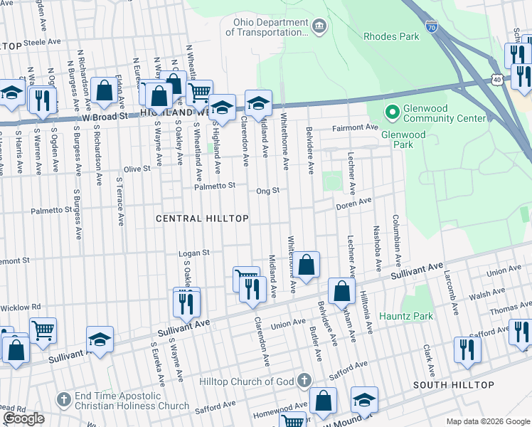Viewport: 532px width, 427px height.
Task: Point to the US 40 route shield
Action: (x=495, y=79)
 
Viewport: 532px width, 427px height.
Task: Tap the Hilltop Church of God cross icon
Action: (x=304, y=380)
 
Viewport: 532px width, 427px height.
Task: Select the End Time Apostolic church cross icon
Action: (x=63, y=399)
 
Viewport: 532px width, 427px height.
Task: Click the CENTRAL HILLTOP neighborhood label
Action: (x=202, y=218)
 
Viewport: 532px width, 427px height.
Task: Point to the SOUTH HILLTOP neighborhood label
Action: (x=454, y=385)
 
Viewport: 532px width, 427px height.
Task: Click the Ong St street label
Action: (x=267, y=191)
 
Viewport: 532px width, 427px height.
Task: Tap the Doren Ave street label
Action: (x=354, y=203)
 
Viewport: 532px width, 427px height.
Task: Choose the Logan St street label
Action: (x=193, y=253)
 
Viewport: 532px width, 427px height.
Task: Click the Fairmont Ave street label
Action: (x=356, y=128)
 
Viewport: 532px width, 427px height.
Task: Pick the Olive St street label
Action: (x=137, y=169)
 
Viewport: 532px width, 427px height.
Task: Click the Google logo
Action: (x=23, y=418)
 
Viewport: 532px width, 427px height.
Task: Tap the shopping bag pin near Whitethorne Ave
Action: (x=307, y=265)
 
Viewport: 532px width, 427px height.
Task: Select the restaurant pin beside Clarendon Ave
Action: (x=250, y=289)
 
